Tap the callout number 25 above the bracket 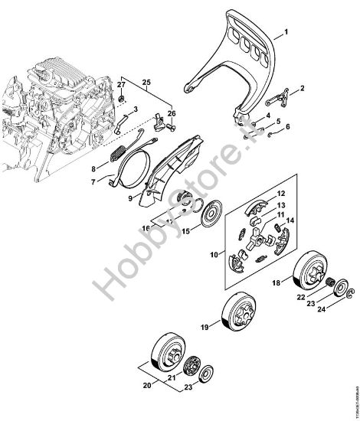(x=147, y=80)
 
